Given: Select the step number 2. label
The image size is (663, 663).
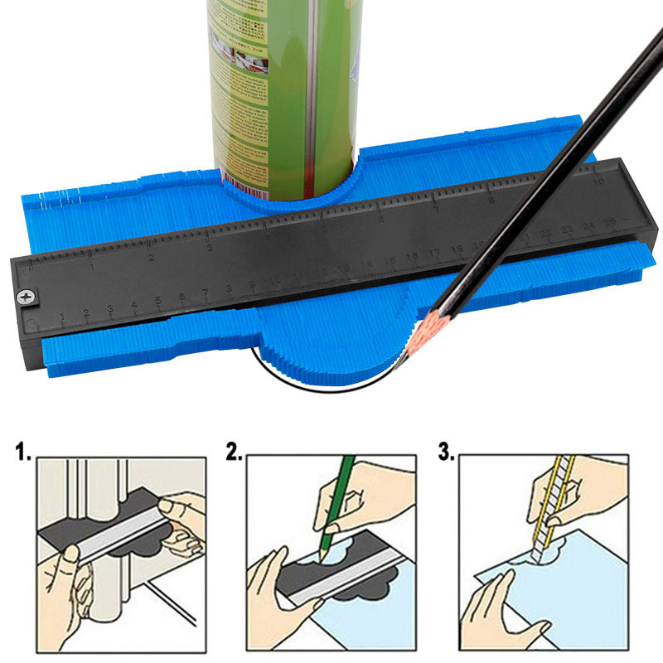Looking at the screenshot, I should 235,453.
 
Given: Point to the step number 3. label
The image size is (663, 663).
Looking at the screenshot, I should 445,453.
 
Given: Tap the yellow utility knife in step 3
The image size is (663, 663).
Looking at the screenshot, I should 554,506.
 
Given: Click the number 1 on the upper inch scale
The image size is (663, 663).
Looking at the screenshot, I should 92,267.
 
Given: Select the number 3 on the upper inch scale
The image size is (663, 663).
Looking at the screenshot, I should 210,246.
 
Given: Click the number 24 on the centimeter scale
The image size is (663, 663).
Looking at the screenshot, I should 588,225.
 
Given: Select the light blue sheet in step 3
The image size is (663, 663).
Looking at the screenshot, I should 580,597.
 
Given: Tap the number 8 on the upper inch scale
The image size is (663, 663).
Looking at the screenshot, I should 492,199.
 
